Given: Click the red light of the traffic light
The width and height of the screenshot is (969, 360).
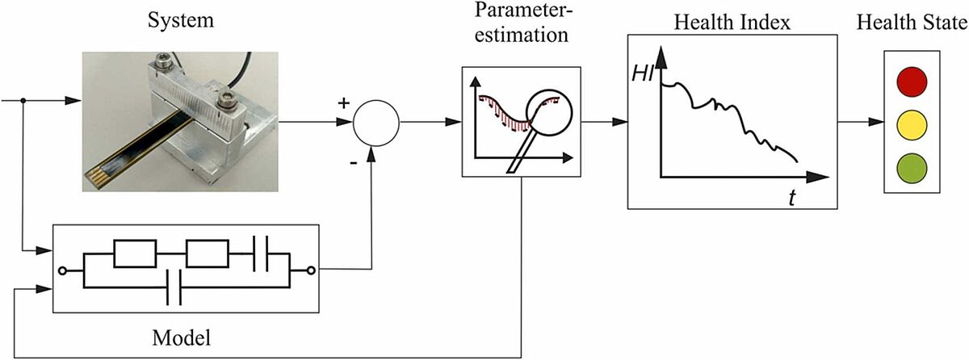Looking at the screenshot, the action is pos(912,82).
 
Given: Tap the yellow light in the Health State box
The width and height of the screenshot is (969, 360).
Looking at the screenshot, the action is pos(912,125).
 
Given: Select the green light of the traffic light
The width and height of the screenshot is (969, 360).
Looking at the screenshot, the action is pos(912,169).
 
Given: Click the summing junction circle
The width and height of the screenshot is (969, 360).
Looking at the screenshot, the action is pos(376,123).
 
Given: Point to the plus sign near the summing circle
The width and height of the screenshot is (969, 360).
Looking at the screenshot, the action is pos(343,103).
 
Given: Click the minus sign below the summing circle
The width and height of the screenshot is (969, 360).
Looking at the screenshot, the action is pos(354,163).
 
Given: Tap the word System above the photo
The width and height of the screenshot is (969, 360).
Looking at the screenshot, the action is pos(180,21).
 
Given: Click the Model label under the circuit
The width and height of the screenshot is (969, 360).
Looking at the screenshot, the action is pos(181,337).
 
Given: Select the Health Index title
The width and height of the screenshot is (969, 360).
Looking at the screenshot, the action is pos(732,22).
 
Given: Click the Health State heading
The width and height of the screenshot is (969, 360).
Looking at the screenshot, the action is pos(912,22).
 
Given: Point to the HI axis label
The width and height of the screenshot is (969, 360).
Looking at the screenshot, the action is pos(643,74).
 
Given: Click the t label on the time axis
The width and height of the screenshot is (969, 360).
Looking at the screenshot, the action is pos(791,198).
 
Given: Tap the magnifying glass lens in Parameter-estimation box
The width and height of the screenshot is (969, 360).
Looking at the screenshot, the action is pos(549,113).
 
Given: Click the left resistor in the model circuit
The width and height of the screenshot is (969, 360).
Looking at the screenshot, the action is pos(135,253).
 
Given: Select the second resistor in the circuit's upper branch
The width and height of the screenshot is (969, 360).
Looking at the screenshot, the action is pos(208,253).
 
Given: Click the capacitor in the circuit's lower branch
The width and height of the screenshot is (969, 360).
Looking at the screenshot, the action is pos(174,287).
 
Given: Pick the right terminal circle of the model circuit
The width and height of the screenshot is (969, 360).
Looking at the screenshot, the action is pos(311,270).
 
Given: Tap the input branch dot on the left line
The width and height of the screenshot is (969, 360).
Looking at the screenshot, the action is pos(23,101).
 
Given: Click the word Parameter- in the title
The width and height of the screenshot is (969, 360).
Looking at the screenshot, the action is pos(523,10).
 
